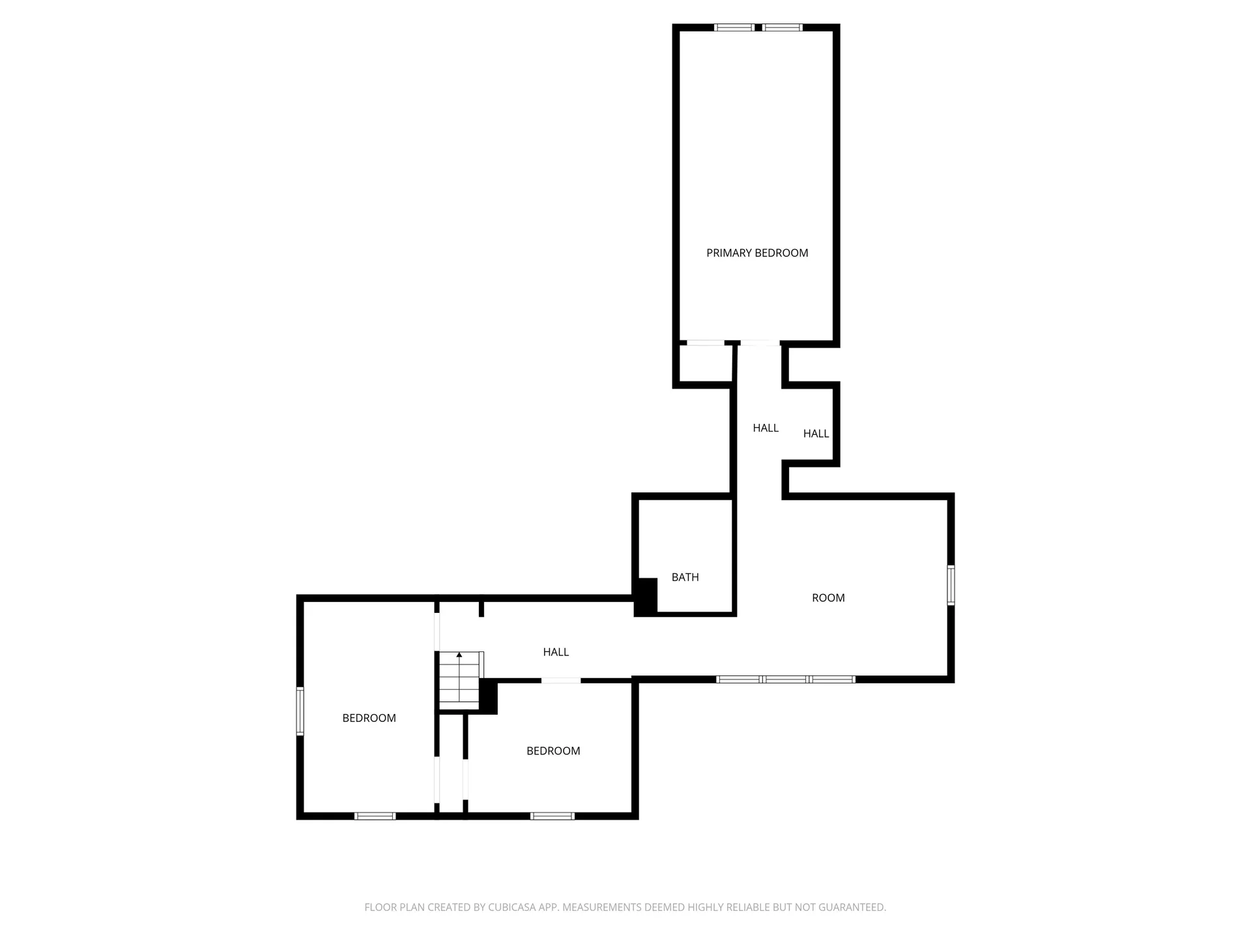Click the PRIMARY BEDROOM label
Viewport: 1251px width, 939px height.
[757, 253]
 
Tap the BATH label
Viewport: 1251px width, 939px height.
[685, 577]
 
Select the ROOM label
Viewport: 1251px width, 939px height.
[828, 598]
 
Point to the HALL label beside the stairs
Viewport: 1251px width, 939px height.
[556, 652]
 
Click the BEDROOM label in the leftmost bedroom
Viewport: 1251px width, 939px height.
[369, 718]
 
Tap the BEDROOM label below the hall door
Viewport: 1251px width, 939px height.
[553, 751]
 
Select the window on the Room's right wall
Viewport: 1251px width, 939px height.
[951, 585]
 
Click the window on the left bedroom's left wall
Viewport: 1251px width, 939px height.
[300, 711]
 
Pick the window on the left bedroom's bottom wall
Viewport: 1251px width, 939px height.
[375, 816]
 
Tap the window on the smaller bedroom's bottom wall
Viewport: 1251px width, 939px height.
[553, 816]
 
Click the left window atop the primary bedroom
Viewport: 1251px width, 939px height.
[734, 27]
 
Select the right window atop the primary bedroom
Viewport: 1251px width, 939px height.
[783, 27]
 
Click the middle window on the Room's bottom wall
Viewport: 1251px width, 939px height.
[786, 679]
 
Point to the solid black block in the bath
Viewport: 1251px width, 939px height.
[646, 596]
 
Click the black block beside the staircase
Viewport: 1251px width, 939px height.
[489, 696]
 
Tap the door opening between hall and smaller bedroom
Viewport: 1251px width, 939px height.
[561, 681]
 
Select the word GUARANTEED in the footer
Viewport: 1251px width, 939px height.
[854, 907]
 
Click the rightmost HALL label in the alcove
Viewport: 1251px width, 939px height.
[816, 434]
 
